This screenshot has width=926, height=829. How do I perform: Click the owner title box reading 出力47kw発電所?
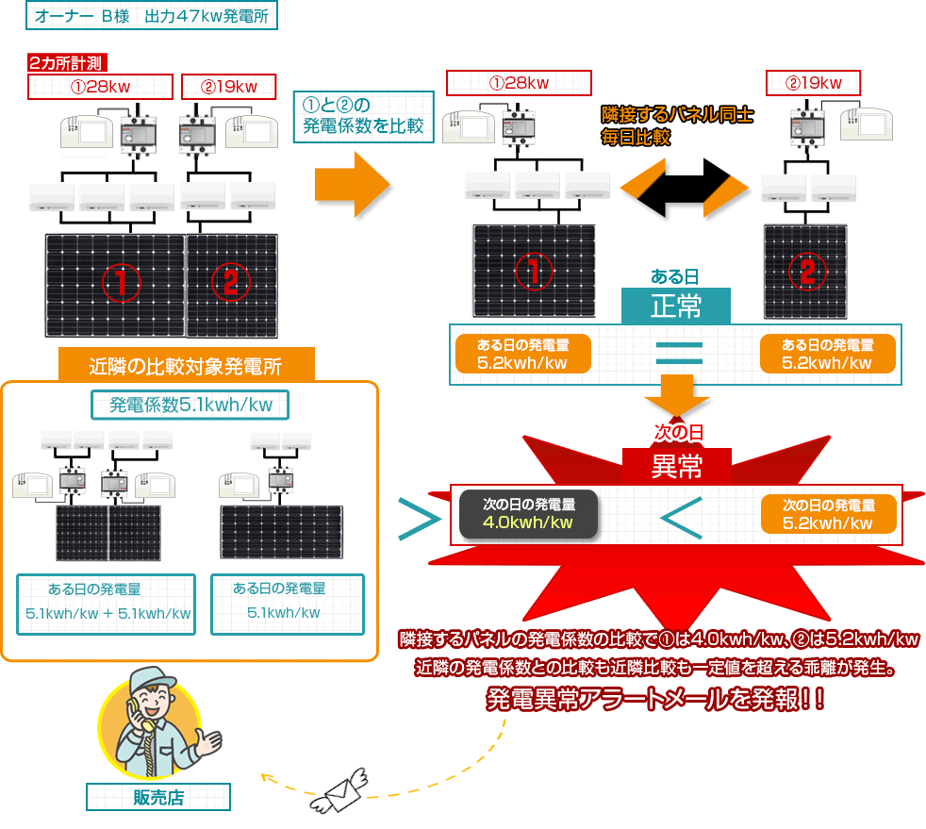click(152, 17)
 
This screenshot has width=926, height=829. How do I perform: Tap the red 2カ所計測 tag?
click(69, 63)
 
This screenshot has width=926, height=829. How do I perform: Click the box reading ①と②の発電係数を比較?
click(364, 116)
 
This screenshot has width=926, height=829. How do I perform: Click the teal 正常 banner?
click(675, 306)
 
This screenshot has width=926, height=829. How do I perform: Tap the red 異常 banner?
click(676, 466)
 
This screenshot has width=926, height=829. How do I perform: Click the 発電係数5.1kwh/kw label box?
click(190, 406)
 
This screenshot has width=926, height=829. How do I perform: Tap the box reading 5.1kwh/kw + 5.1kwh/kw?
click(107, 605)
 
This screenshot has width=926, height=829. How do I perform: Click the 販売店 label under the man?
click(157, 797)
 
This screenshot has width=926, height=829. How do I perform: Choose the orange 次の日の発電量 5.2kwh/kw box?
click(827, 513)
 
